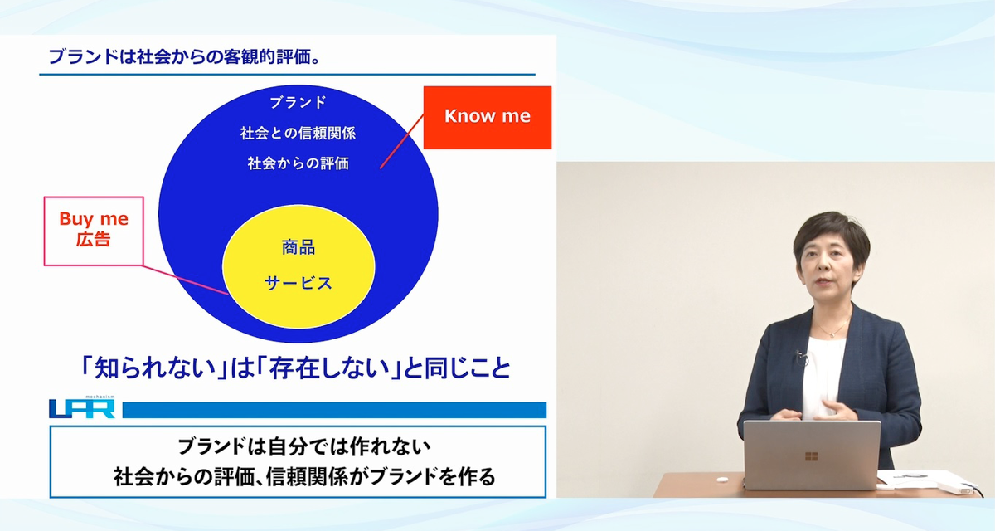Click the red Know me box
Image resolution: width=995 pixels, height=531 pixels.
click(x=488, y=118)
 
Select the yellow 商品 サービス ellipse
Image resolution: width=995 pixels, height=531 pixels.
click(x=298, y=266)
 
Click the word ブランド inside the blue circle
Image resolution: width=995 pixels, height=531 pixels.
click(x=298, y=103)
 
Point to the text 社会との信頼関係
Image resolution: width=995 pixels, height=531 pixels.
click(x=298, y=133)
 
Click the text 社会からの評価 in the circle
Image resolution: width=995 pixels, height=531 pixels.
click(x=298, y=163)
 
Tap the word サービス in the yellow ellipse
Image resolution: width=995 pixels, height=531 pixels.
click(x=298, y=283)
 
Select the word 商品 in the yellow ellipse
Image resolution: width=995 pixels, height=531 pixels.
click(x=298, y=247)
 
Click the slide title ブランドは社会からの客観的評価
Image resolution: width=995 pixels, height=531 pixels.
click(x=184, y=57)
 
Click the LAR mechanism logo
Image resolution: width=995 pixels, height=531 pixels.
click(x=82, y=407)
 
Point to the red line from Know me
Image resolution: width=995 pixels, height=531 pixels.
click(x=402, y=141)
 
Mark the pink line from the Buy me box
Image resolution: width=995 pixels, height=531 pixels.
click(x=185, y=280)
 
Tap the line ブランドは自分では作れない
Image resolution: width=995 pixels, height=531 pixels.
click(x=304, y=446)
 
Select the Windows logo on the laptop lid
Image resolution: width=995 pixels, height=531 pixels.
click(x=811, y=456)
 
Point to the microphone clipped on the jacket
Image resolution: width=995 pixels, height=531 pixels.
click(x=801, y=356)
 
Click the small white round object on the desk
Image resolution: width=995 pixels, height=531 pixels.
click(x=723, y=479)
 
